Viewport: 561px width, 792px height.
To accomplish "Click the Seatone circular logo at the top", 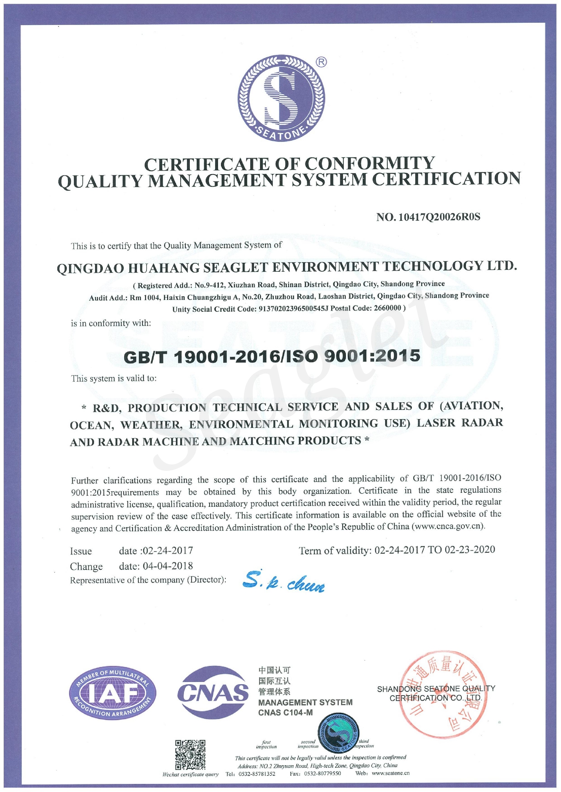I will coord(282,98).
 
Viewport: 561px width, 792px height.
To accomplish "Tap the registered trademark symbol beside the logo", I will coord(321,62).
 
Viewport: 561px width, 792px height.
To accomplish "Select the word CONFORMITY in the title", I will coord(369,164).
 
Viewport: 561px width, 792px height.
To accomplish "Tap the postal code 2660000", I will coord(387,308).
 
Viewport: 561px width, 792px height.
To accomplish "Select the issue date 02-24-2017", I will coord(168,550).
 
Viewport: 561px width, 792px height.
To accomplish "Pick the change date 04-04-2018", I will coord(168,566).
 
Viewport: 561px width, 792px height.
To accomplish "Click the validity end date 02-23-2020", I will coord(470,549).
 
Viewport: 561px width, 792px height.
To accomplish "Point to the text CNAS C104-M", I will coord(285,712).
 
